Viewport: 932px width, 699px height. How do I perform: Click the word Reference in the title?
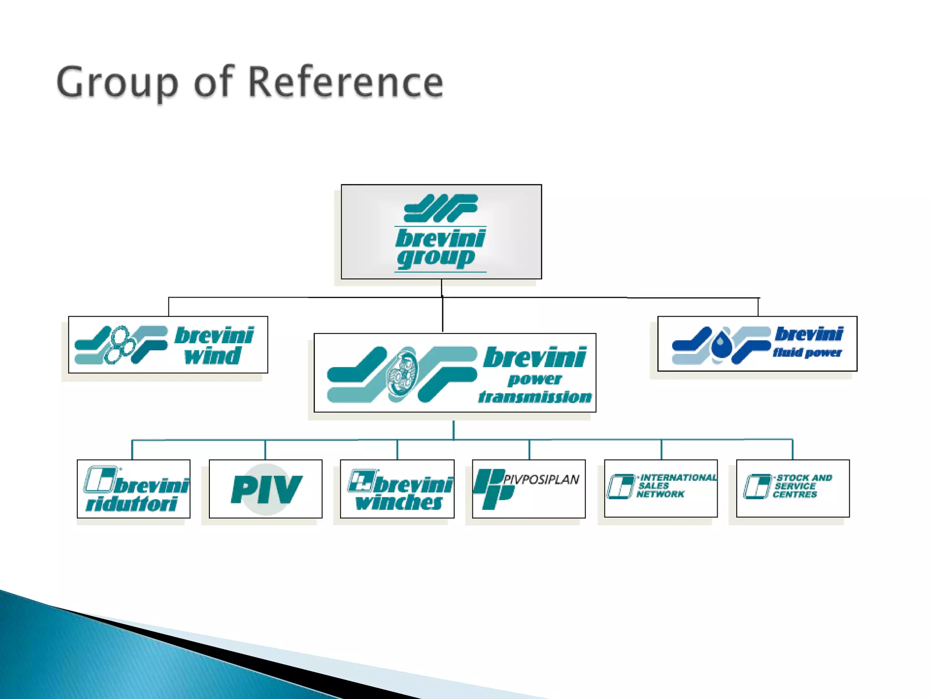click(346, 83)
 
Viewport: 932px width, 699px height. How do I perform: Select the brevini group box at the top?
click(441, 232)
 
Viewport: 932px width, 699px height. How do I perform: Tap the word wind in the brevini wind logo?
click(213, 356)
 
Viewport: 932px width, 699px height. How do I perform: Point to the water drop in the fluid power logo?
click(720, 344)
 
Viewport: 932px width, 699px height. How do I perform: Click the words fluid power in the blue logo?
click(807, 353)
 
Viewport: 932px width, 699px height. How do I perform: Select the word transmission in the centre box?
click(535, 397)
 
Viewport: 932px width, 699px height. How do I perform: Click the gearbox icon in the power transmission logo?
click(402, 375)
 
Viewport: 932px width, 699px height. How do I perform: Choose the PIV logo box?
click(266, 489)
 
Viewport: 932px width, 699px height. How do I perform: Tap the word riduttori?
click(132, 504)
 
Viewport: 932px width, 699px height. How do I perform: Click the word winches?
click(399, 502)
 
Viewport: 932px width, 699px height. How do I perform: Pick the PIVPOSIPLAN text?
click(541, 479)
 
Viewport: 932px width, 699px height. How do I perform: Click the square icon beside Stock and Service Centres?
click(757, 486)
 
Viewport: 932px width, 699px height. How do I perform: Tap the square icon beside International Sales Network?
click(620, 486)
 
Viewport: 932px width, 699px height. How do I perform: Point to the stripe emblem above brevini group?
click(441, 208)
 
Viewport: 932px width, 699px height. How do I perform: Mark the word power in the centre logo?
click(535, 379)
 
